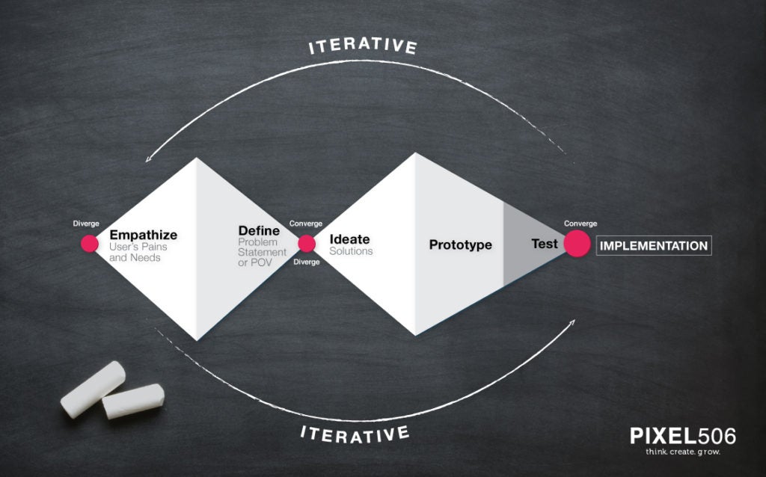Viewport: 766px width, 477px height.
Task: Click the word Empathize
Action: tap(143, 235)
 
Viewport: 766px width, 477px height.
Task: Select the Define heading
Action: tap(259, 230)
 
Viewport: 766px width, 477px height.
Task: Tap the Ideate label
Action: tap(349, 239)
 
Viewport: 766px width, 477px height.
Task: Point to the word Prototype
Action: tap(460, 244)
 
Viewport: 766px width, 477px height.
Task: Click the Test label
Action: tap(545, 244)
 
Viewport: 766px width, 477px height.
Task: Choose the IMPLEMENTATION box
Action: tap(654, 245)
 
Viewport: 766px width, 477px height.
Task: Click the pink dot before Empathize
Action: tap(90, 243)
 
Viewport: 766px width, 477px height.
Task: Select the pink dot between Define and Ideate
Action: tap(306, 244)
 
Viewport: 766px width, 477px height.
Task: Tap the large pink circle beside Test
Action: tap(577, 243)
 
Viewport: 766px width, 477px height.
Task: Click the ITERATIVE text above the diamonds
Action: tap(363, 46)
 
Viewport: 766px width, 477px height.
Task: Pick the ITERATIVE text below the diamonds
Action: tap(355, 434)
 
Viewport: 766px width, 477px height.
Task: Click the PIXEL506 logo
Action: tap(682, 436)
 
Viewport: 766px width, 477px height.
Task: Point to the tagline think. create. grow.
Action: tap(682, 452)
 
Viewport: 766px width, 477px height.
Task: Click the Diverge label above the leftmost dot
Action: tap(86, 224)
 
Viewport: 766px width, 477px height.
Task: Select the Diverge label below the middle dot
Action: tap(306, 262)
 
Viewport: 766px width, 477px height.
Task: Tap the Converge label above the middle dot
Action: tap(306, 224)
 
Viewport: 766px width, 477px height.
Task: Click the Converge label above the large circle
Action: tap(580, 224)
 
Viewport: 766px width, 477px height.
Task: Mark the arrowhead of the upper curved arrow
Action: tap(148, 159)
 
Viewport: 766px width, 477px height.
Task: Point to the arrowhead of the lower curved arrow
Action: tap(572, 322)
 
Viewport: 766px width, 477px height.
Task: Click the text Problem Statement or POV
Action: tap(262, 253)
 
